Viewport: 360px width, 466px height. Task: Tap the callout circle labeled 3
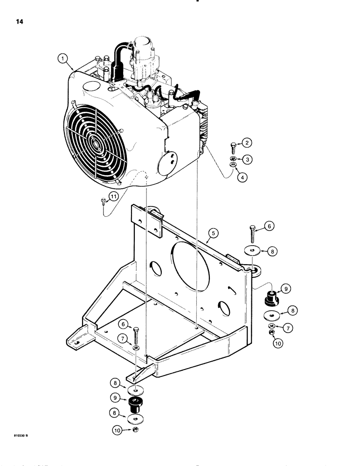pos(249,159)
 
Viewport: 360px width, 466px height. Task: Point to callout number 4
pos(242,178)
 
